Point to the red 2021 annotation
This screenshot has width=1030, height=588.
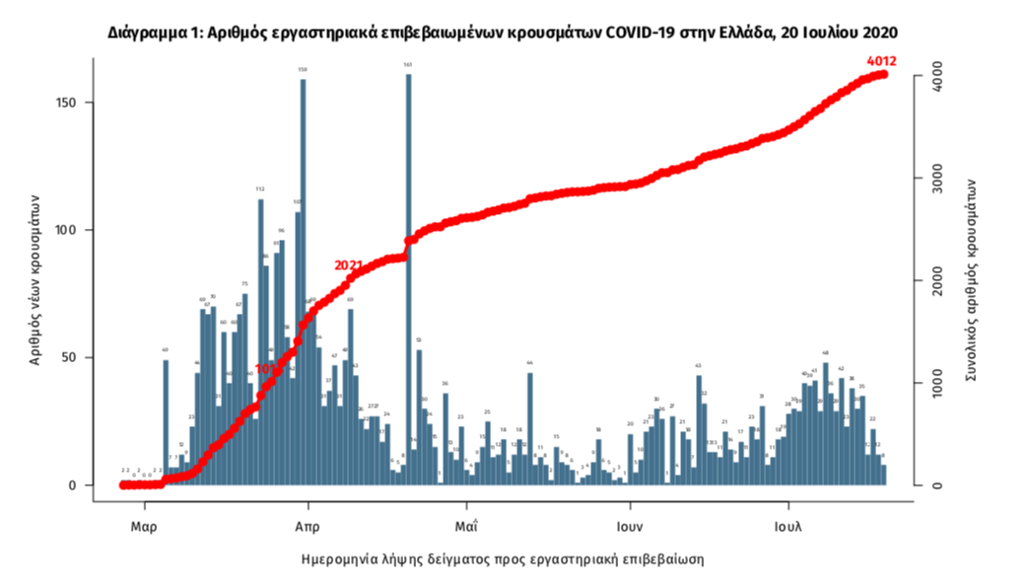[x=349, y=265]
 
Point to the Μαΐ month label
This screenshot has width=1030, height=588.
[x=466, y=526]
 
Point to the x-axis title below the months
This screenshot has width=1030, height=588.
[x=503, y=558]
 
